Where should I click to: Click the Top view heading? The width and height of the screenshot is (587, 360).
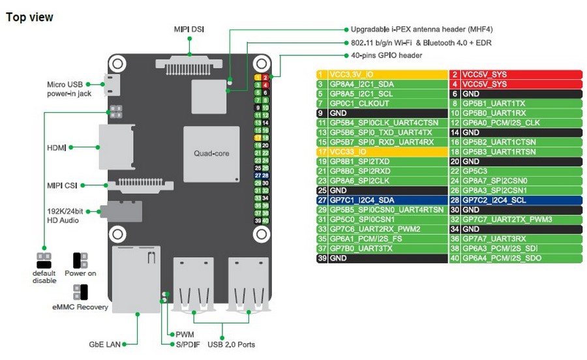tap(29, 17)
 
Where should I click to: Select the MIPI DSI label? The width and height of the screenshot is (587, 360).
tap(189, 29)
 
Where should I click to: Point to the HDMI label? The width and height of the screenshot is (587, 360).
tap(56, 148)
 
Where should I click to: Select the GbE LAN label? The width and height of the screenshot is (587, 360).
tap(105, 344)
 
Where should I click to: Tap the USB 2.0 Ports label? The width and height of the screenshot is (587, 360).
tap(232, 344)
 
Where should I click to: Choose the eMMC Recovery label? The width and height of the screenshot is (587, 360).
tap(80, 307)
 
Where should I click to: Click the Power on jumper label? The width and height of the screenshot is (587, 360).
tap(80, 273)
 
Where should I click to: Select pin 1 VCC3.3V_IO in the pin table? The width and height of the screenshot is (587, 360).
tap(382, 75)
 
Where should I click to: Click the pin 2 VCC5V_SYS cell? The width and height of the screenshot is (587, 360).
tap(515, 75)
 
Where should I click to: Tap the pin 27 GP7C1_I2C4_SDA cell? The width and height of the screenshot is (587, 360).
tap(382, 200)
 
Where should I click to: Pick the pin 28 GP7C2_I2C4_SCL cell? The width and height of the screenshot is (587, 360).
tap(515, 200)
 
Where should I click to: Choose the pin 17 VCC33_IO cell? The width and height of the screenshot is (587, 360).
tap(382, 152)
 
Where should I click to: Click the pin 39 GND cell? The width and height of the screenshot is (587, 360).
tap(382, 258)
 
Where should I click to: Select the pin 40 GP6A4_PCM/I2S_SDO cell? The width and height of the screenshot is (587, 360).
tap(515, 258)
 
